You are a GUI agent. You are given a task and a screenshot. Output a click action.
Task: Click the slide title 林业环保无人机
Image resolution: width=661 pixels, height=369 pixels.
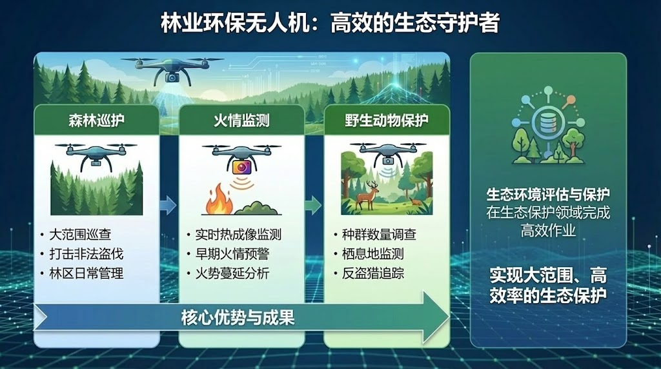tap(236, 23)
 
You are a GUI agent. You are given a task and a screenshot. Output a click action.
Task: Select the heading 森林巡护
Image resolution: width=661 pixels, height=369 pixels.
tap(97, 121)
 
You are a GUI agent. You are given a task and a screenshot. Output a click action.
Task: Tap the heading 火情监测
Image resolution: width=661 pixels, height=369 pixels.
tap(241, 121)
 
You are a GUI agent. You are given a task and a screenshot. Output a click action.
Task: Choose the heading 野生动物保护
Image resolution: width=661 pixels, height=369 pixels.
tap(387, 121)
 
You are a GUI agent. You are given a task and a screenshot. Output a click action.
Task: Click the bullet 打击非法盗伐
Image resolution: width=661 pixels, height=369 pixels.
tap(86, 254)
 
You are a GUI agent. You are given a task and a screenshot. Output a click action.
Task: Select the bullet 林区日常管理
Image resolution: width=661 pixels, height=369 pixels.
tap(86, 274)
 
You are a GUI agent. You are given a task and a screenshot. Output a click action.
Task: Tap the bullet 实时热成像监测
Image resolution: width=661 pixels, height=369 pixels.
tap(238, 235)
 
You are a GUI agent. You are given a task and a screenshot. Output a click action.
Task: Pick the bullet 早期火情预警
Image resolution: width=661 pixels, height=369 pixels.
tap(232, 254)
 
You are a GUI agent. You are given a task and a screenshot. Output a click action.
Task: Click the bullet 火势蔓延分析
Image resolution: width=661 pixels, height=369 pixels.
tap(232, 274)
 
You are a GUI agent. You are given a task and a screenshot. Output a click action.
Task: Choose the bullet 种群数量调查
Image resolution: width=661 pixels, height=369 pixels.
tap(379, 235)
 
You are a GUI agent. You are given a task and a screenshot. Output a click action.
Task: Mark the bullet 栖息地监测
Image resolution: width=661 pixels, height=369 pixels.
tap(373, 254)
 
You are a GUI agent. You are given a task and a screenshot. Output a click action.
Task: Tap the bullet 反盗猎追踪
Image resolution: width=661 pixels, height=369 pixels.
tap(373, 274)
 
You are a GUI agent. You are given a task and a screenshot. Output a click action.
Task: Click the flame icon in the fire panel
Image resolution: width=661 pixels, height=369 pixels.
tap(219, 201)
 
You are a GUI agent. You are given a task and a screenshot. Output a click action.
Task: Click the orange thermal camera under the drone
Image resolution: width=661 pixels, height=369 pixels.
tap(241, 167)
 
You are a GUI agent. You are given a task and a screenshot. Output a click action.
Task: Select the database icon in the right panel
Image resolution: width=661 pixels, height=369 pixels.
tap(547, 122)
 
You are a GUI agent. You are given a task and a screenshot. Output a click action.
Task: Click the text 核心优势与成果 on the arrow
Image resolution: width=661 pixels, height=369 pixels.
tap(238, 317)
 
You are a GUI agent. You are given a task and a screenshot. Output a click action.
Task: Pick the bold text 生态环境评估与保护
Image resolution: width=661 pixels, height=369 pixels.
tap(548, 195)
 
